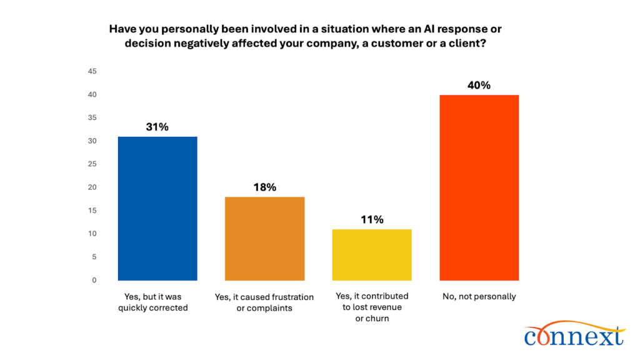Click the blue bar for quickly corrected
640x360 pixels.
click(157, 208)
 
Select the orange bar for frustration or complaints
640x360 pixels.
click(264, 238)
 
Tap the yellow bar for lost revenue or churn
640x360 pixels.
click(371, 254)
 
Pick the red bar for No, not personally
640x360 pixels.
click(479, 187)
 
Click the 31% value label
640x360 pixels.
click(157, 127)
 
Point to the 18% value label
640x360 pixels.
click(264, 187)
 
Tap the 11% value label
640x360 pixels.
click(371, 219)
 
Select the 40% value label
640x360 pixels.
click(479, 85)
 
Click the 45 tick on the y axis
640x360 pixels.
click(92, 71)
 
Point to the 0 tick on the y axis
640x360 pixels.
click(94, 280)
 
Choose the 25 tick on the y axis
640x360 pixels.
click(92, 164)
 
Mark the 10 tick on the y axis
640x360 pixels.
click(92, 234)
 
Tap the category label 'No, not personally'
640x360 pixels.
click(479, 296)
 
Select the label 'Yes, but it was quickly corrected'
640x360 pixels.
click(153, 302)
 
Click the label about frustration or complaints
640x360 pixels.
click(264, 302)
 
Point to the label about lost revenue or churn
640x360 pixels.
click(371, 307)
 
